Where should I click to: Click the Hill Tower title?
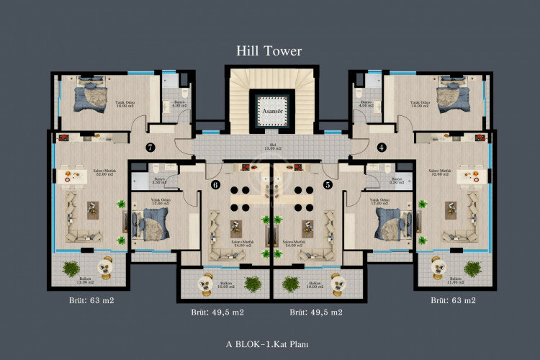pyautogui.click(x=269, y=50)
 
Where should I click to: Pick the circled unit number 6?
pyautogui.click(x=215, y=184)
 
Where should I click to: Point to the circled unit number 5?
pyautogui.click(x=328, y=184)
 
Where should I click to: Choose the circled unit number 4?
pyautogui.click(x=382, y=148)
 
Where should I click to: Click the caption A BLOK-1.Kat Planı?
pyautogui.click(x=269, y=344)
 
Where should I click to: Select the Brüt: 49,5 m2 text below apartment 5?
pyautogui.click(x=316, y=312)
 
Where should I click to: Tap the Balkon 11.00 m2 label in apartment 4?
pyautogui.click(x=455, y=280)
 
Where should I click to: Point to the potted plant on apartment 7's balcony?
pyautogui.click(x=71, y=269)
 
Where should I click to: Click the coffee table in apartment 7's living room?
pyautogui.click(x=93, y=209)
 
